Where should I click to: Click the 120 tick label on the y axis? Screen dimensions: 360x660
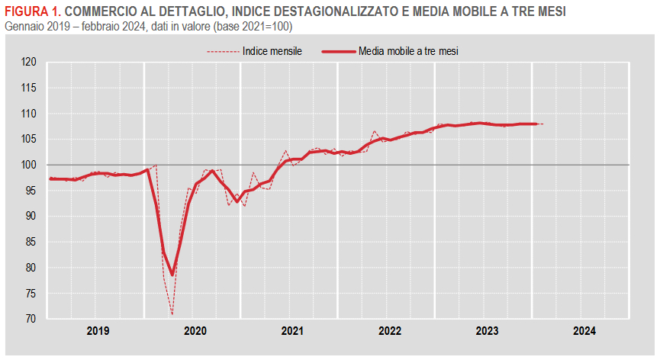pos(30,63)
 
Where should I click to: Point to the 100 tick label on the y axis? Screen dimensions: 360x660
pos(30,165)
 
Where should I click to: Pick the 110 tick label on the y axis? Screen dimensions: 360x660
pos(30,114)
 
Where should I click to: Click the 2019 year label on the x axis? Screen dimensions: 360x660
pos(98,331)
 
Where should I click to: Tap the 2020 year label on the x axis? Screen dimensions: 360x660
pos(195,331)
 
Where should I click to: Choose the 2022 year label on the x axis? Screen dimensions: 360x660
pos(390,331)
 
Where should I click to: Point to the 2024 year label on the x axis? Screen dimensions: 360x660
pos(584,331)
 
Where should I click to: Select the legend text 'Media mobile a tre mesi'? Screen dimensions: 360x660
pos(412,51)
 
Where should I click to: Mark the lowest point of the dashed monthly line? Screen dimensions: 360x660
pos(172,313)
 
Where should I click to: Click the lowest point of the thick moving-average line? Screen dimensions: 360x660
pos(172,275)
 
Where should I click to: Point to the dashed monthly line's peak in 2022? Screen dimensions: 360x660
pos(375,131)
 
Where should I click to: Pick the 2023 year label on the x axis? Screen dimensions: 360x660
pos(488,331)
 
